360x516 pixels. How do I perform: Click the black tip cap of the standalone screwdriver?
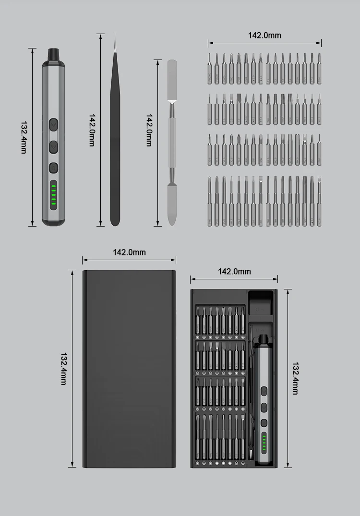click(53, 55)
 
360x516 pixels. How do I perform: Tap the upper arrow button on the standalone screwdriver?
click(53, 125)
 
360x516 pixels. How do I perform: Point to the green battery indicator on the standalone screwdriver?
click(53, 195)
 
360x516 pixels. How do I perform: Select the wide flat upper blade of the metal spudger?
click(172, 80)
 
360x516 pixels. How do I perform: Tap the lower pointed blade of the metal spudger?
click(172, 204)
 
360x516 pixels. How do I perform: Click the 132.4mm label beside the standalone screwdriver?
click(24, 137)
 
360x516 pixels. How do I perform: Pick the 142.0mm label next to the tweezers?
click(92, 130)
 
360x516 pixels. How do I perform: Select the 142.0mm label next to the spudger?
click(149, 130)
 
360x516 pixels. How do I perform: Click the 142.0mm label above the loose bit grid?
click(264, 35)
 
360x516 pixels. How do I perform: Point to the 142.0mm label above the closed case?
click(129, 252)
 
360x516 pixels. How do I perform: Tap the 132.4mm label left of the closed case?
click(63, 369)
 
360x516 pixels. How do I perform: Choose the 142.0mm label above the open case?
click(234, 271)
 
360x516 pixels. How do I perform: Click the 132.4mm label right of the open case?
click(296, 378)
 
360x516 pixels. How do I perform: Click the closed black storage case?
click(129, 369)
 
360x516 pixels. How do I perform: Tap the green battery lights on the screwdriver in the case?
click(264, 443)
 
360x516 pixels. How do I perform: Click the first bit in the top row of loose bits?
click(210, 69)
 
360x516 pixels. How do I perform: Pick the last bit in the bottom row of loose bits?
click(319, 201)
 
